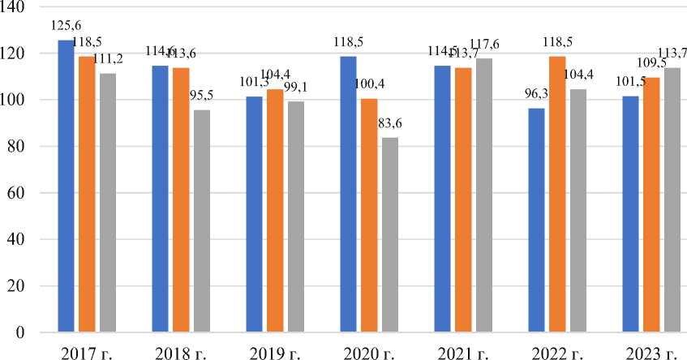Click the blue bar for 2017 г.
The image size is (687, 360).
[66, 186]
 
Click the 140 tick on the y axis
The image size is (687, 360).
[15, 7]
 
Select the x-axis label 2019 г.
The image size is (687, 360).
[275, 353]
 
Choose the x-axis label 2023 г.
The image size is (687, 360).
[653, 353]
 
